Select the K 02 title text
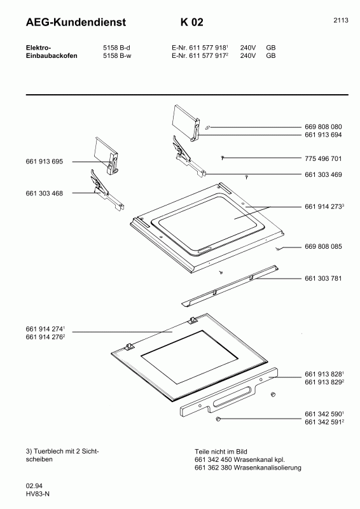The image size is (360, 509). click(x=192, y=23)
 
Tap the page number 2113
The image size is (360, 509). click(x=340, y=20)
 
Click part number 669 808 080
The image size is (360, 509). click(x=324, y=127)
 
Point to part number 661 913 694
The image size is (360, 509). click(x=324, y=135)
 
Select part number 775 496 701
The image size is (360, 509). click(x=324, y=158)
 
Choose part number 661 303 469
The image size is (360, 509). click(x=324, y=174)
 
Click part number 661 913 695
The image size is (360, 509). click(x=45, y=162)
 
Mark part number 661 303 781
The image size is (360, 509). click(x=324, y=277)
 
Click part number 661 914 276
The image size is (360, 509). click(x=45, y=337)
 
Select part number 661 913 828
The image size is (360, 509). click(x=324, y=373)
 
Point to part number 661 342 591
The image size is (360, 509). click(x=324, y=421)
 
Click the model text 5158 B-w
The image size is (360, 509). click(x=117, y=55)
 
